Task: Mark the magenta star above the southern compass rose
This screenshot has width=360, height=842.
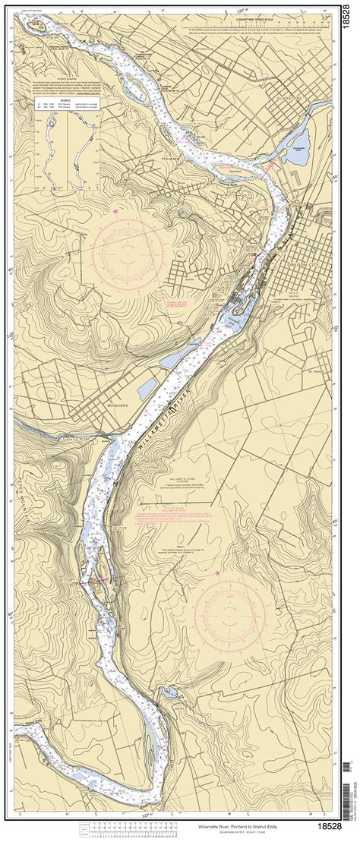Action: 218,573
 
